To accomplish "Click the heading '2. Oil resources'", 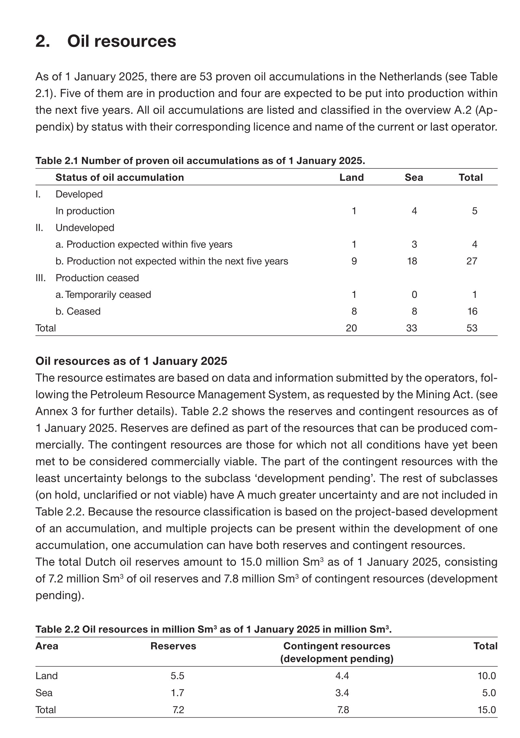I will (x=105, y=42).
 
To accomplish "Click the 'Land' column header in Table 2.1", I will (x=352, y=177).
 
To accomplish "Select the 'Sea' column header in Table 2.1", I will (x=413, y=177).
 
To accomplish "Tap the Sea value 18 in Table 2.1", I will (x=412, y=261).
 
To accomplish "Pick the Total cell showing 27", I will (x=472, y=261).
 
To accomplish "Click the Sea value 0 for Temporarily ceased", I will (x=414, y=294).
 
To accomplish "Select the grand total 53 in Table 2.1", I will (x=472, y=328).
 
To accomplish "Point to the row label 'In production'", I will (x=85, y=211).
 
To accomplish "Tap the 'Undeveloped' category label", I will (x=85, y=228).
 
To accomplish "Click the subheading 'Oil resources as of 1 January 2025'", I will (x=131, y=361).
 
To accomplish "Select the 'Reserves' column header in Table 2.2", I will (x=173, y=646).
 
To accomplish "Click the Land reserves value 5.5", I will (x=177, y=676).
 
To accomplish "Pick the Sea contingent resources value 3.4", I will (x=342, y=693).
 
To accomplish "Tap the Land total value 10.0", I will (x=487, y=676).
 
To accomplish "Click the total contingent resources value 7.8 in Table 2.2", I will (x=343, y=710).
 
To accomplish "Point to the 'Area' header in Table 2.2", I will (x=47, y=646).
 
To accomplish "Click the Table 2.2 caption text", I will (x=213, y=629).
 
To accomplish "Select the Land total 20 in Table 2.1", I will (x=351, y=328).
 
